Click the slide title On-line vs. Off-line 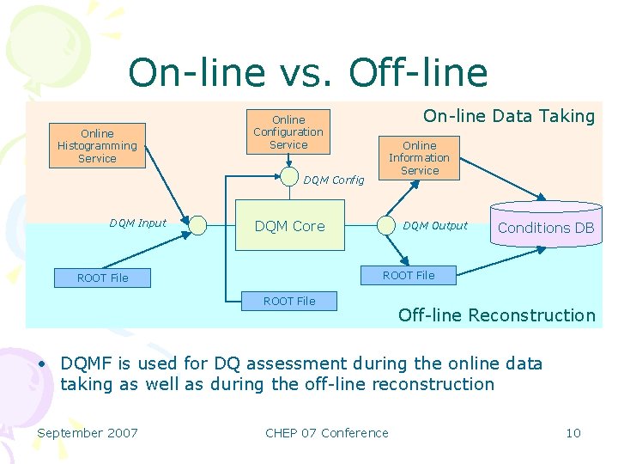(307, 73)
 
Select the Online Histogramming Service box (97, 145)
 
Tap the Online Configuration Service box (288, 132)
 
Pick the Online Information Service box (419, 158)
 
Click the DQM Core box (289, 226)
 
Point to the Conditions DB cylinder (546, 224)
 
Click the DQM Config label (334, 180)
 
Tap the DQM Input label (137, 223)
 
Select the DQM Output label (435, 226)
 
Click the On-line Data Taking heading (509, 117)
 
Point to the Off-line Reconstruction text (496, 315)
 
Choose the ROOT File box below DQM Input (102, 278)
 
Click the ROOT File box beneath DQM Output (409, 275)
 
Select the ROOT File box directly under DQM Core (289, 301)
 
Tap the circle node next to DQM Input (198, 225)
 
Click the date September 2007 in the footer (88, 433)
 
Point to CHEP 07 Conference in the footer (326, 433)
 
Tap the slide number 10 (573, 433)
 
